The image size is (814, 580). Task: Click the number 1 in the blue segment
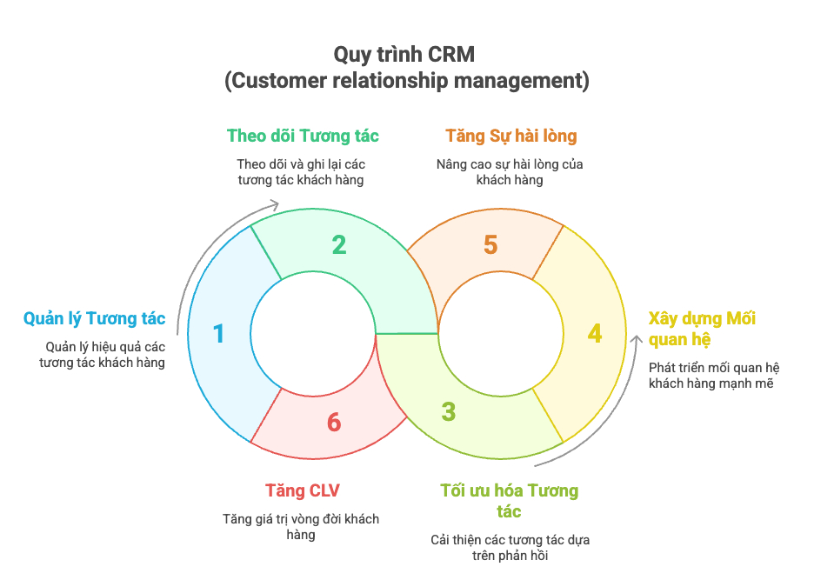(x=218, y=334)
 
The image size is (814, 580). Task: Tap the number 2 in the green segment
(x=339, y=244)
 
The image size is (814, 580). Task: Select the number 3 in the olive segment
(x=448, y=411)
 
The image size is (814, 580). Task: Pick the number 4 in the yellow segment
(x=595, y=334)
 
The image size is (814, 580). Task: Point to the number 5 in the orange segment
(x=490, y=244)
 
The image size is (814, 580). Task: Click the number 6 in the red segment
(x=334, y=423)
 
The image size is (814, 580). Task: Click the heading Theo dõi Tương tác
(x=303, y=136)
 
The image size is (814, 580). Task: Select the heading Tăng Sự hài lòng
(x=510, y=136)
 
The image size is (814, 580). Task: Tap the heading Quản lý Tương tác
(x=94, y=319)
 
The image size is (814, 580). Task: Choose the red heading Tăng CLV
(x=303, y=491)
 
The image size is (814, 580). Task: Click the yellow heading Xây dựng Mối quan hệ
(x=702, y=328)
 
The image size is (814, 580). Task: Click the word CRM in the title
(x=451, y=54)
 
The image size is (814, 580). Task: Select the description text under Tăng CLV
(x=301, y=527)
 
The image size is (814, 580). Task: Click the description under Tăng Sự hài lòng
(x=510, y=171)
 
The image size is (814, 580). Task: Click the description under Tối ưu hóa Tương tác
(x=510, y=548)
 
